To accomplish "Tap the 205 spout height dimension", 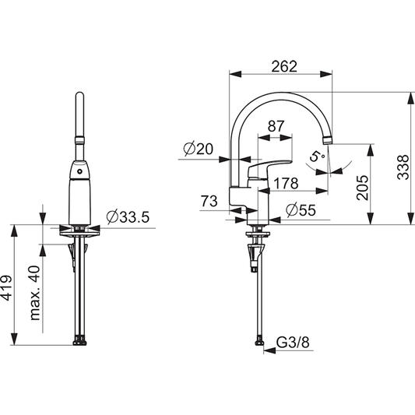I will (360, 186).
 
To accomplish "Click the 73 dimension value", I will (209, 202).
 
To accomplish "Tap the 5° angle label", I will (315, 156).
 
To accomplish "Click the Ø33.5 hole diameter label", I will (126, 216).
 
